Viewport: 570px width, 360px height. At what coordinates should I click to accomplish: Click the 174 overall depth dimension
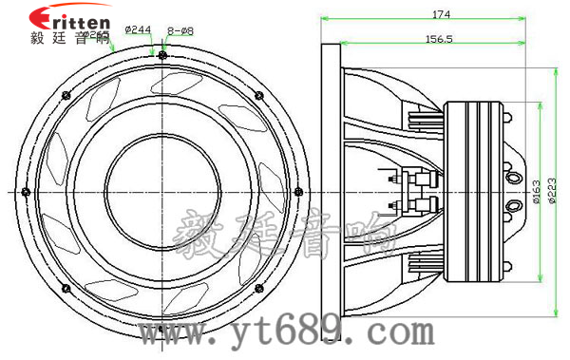coord(440,14)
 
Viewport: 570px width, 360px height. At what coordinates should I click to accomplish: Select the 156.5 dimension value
coord(438,39)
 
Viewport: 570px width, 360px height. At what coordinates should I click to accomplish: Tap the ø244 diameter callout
coord(139,30)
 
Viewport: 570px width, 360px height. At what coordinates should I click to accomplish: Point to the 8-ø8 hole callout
coord(180,30)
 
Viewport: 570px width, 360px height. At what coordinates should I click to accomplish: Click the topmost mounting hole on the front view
coord(162,55)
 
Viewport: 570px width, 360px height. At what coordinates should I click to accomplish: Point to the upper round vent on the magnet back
coord(514,177)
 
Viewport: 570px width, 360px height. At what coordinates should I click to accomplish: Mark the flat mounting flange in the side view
coord(331,190)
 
